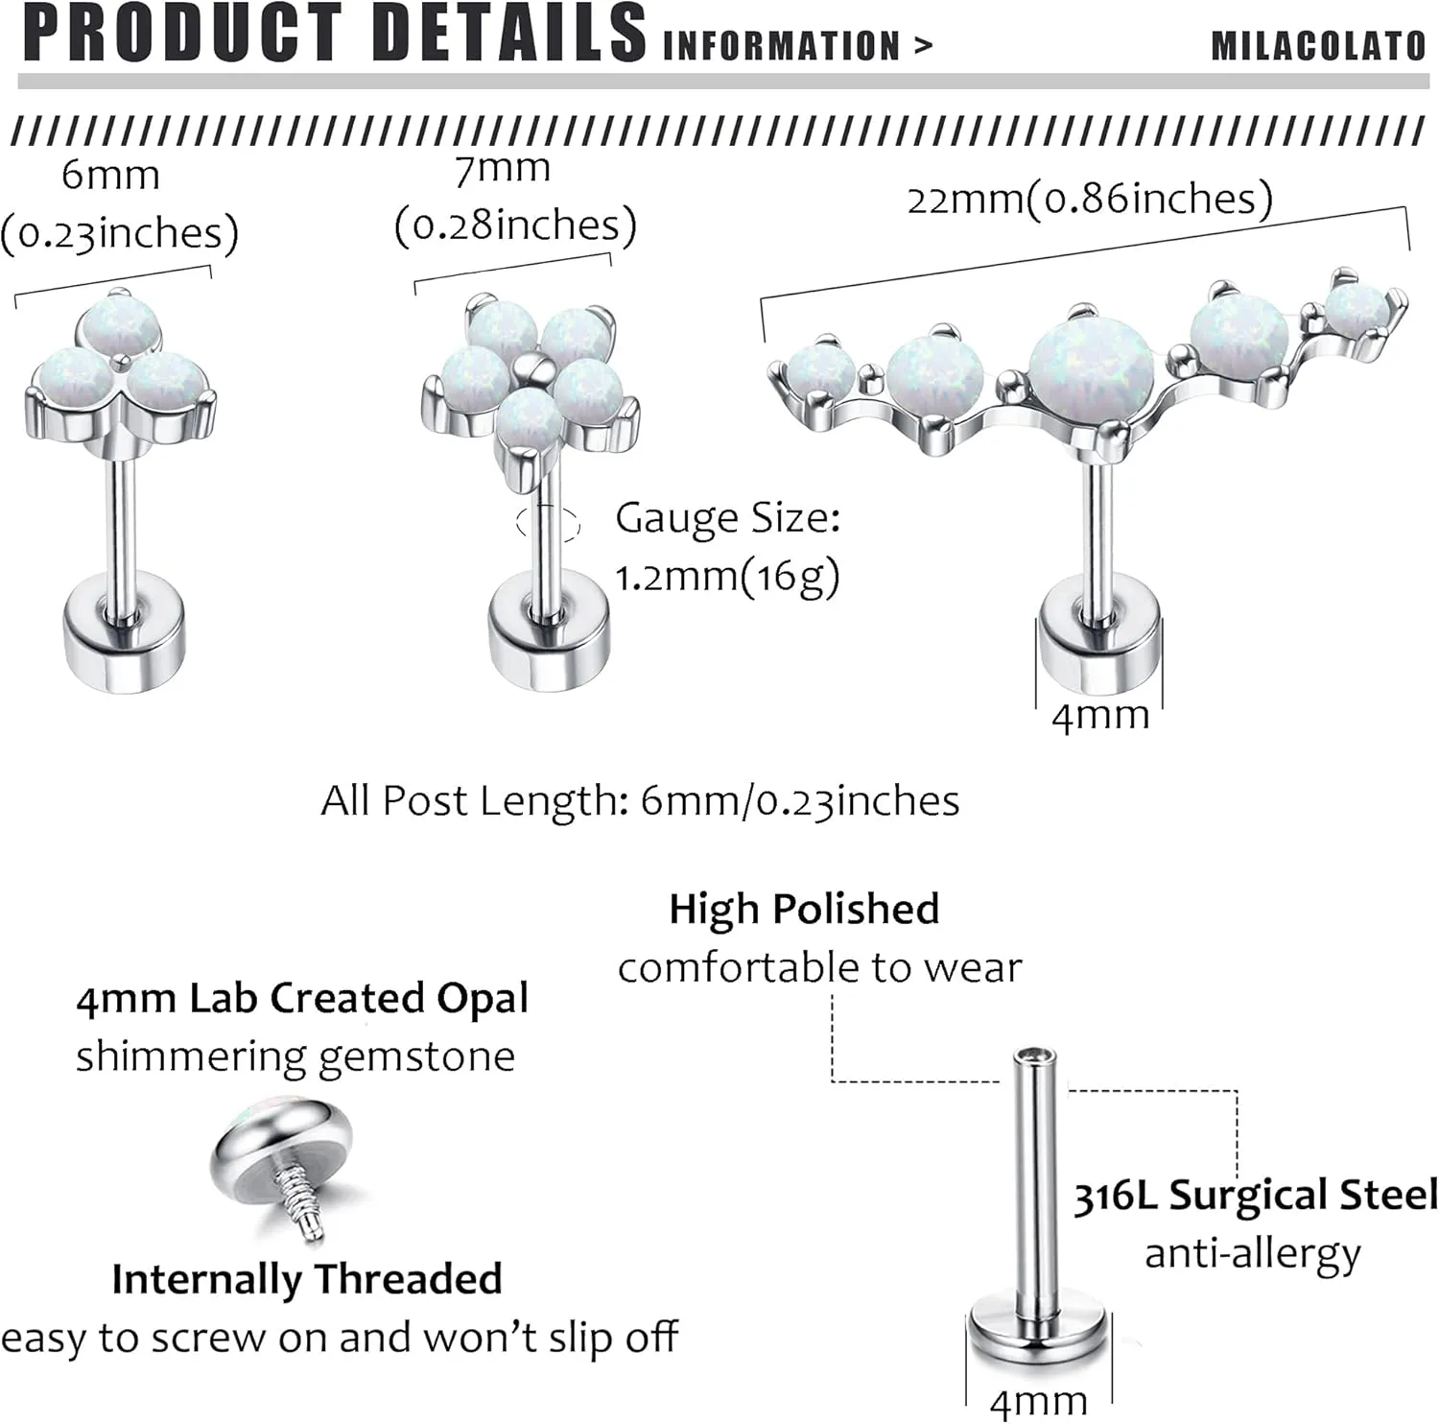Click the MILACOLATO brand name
(1318, 46)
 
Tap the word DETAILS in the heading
(508, 34)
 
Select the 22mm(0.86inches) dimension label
(1090, 200)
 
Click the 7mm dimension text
(503, 169)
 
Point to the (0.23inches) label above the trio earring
(119, 233)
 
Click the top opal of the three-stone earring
(119, 324)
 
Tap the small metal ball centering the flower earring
(539, 368)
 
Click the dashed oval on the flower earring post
(548, 524)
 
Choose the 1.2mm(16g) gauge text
(727, 577)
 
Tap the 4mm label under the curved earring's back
(1100, 716)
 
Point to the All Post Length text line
(640, 800)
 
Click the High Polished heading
(804, 909)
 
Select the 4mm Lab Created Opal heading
(302, 998)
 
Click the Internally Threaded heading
(307, 1279)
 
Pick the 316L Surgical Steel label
(1255, 1196)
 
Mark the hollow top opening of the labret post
(1035, 1057)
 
